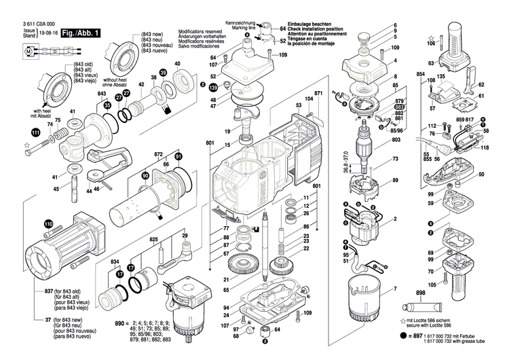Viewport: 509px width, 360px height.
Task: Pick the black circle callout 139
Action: pyautogui.click(x=213, y=88)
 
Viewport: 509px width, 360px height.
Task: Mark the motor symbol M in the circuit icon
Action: pyautogui.click(x=28, y=50)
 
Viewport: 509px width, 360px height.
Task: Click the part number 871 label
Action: pyautogui.click(x=318, y=92)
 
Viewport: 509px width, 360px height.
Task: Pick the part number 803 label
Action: pyautogui.click(x=396, y=140)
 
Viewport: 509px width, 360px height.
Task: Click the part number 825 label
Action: pyautogui.click(x=154, y=241)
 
